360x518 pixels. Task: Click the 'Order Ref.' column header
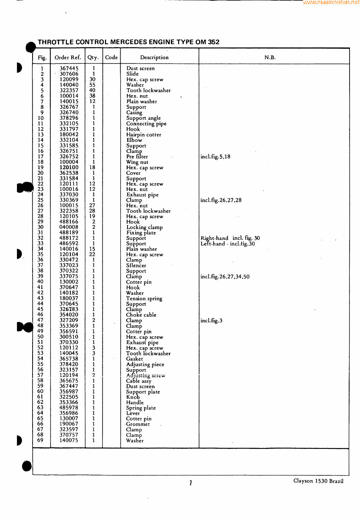point(68,57)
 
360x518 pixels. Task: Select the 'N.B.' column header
point(270,57)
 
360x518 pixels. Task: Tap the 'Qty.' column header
point(93,57)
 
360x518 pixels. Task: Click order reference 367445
point(69,69)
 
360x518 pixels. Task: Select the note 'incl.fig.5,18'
point(215,157)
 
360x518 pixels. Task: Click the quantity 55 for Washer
point(93,85)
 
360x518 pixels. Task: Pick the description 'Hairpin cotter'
point(144,135)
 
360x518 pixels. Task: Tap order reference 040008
point(69,227)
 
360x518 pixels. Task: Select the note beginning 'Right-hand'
point(230,238)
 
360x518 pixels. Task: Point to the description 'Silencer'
point(136,266)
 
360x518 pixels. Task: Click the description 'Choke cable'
point(141,315)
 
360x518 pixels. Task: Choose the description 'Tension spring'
point(144,299)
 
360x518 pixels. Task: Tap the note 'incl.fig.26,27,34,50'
point(224,276)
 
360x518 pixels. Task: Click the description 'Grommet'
point(138,424)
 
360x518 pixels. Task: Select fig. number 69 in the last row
point(40,440)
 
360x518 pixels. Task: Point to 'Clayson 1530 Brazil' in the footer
point(318,481)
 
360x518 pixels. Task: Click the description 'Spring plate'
point(141,408)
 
